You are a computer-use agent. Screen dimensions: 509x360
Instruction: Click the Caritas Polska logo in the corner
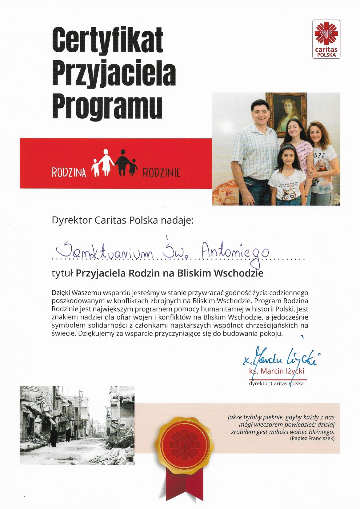pyautogui.click(x=326, y=39)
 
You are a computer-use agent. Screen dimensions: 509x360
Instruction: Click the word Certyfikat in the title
pyautogui.click(x=107, y=40)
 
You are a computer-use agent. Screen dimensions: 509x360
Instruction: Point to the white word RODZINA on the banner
pyautogui.click(x=69, y=173)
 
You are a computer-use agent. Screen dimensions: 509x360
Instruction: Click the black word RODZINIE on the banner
pyautogui.click(x=161, y=173)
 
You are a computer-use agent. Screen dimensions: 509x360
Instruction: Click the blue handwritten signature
pyautogui.click(x=280, y=356)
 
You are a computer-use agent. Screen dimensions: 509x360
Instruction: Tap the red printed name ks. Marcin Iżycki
pyautogui.click(x=276, y=371)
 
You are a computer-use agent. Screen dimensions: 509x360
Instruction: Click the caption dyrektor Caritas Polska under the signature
pyautogui.click(x=276, y=384)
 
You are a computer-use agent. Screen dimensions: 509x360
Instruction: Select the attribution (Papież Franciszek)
pyautogui.click(x=312, y=439)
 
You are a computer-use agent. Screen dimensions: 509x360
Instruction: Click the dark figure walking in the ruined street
pyautogui.click(x=54, y=436)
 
